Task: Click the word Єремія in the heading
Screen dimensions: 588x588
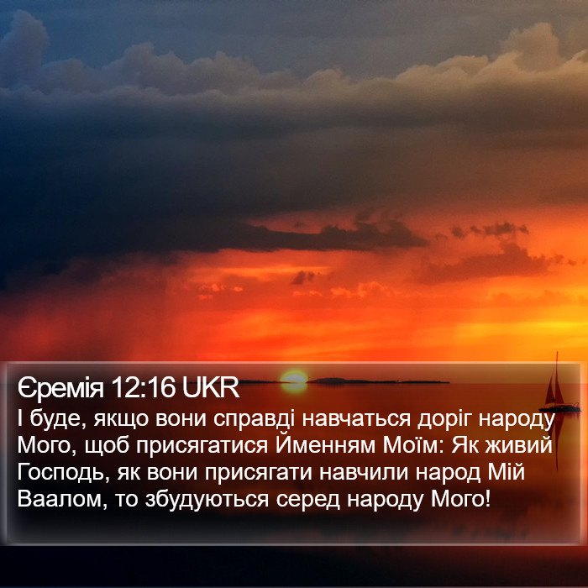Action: click(x=60, y=388)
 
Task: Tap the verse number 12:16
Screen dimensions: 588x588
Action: click(x=143, y=387)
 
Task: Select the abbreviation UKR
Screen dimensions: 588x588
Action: click(x=211, y=387)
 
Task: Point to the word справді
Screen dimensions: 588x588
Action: click(x=255, y=420)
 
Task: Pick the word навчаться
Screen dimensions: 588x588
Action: click(x=356, y=418)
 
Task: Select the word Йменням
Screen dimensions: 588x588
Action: click(x=326, y=444)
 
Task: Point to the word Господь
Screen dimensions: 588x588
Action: click(x=60, y=472)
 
